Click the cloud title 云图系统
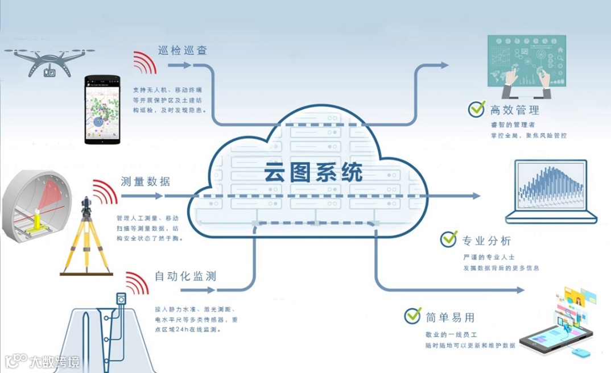coord(313,172)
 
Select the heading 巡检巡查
coord(182,50)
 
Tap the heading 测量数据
coord(145,182)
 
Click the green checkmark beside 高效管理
coord(476,109)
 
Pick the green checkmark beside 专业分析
coord(449,239)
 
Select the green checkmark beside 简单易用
coord(412,316)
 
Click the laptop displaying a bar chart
coord(551,192)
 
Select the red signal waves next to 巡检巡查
coord(145,62)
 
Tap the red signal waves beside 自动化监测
coord(137,283)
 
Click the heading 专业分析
coord(486,239)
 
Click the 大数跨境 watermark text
coord(55,361)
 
